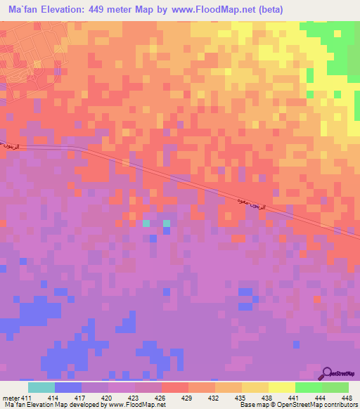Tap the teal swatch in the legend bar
[41, 388]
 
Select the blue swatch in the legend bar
[68, 388]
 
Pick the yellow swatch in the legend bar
[282, 388]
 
